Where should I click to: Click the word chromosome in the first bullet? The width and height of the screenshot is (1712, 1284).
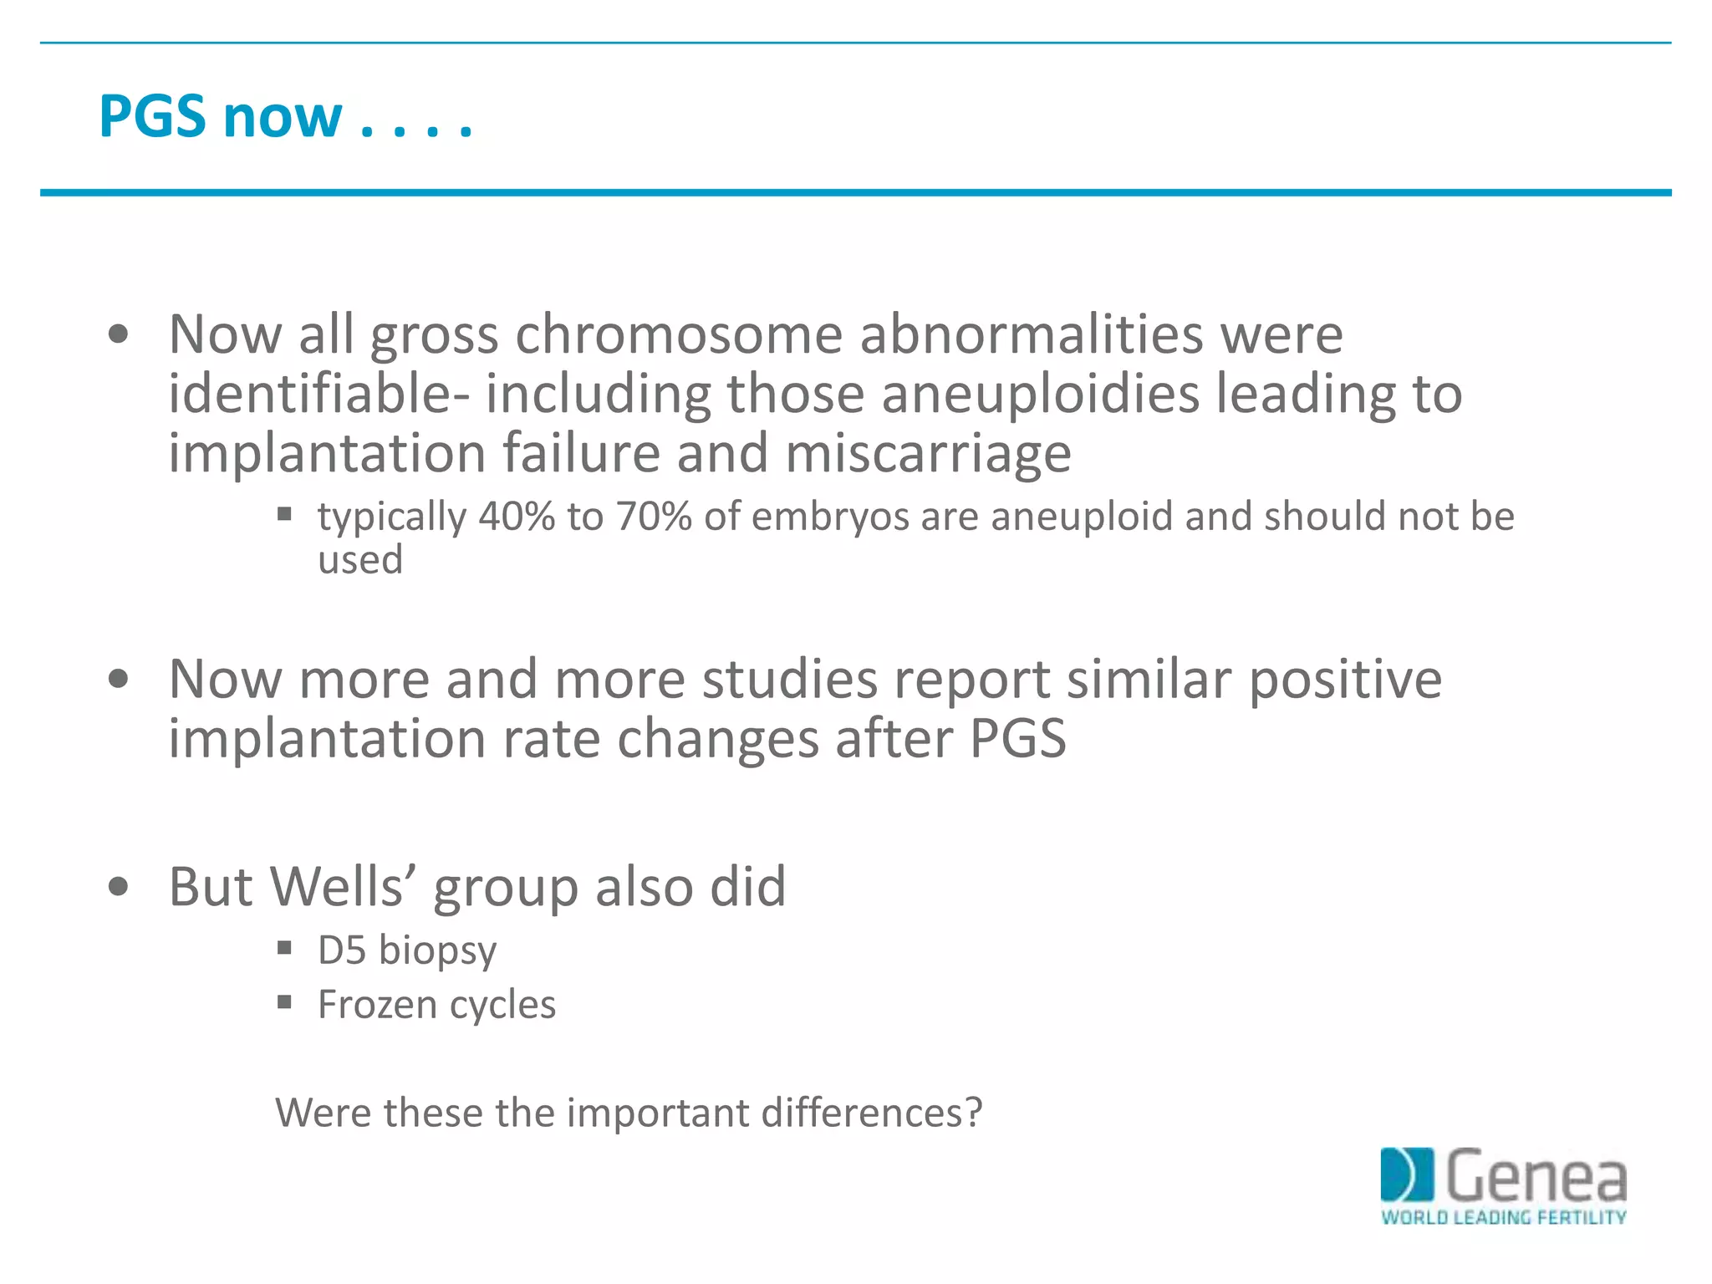point(678,334)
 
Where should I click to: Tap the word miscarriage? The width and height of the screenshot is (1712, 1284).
point(928,453)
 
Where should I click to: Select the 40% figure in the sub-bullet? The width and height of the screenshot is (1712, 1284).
point(517,517)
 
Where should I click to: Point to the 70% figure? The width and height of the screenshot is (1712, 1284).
point(654,517)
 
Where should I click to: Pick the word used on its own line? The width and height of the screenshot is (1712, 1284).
point(360,559)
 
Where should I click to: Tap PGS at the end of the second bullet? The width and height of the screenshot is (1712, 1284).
point(1017,739)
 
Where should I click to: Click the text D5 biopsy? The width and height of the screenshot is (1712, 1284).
point(407,950)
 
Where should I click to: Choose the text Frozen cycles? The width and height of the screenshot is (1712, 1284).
point(436,1005)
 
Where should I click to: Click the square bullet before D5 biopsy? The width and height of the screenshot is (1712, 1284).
point(284,948)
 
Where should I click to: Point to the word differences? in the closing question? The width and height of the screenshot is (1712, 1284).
point(871,1113)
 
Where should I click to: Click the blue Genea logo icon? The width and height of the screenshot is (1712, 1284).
point(1406,1174)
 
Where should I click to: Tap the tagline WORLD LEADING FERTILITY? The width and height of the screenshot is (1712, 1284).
point(1503,1217)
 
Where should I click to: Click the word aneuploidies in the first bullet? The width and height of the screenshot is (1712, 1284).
point(1040,394)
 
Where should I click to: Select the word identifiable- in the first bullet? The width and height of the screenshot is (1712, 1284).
point(318,394)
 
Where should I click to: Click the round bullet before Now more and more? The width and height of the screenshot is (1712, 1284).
point(119,679)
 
